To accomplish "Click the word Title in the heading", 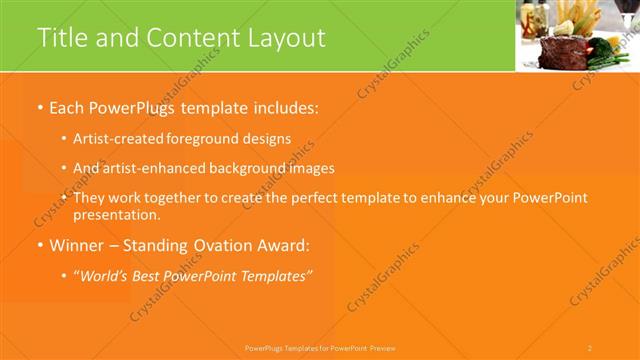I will click(61, 38).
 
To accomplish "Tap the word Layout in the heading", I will click(290, 38).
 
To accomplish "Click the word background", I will click(245, 169).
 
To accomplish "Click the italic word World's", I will click(105, 276).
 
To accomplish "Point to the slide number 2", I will click(590, 348).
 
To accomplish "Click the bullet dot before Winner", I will click(40, 246).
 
